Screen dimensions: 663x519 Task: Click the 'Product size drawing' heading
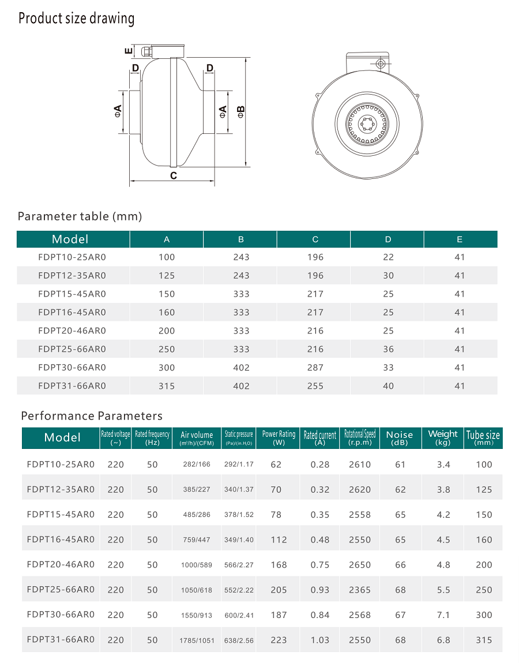(76, 18)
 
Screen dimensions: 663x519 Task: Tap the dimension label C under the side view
(173, 176)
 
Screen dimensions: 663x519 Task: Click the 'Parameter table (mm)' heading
(80, 216)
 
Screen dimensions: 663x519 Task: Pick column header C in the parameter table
(315, 239)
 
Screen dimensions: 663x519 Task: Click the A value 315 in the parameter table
(166, 386)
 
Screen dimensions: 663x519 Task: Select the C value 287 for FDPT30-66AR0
(315, 368)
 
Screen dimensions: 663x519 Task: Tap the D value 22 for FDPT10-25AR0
(388, 257)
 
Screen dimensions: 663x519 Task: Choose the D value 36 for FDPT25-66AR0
(388, 349)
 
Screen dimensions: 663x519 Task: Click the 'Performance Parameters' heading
(92, 416)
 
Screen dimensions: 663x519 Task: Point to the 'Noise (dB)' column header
(400, 438)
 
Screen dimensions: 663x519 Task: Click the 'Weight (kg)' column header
(443, 438)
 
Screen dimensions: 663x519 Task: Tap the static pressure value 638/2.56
(239, 640)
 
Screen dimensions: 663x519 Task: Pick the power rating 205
(279, 590)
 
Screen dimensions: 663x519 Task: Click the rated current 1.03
(319, 640)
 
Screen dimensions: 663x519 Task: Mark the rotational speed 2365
(360, 590)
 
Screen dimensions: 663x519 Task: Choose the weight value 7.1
(443, 615)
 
